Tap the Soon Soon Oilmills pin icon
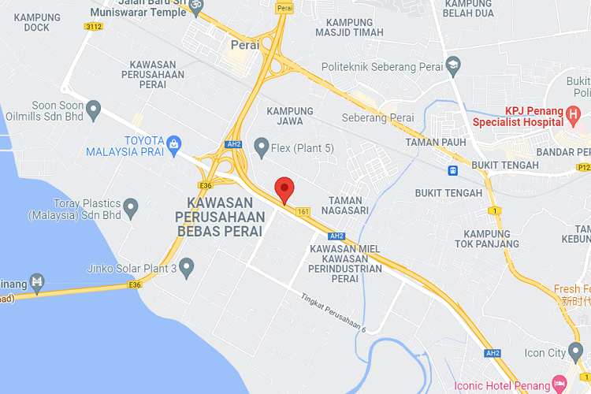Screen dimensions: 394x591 tap(94, 110)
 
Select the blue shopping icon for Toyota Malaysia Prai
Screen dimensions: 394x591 tap(173, 143)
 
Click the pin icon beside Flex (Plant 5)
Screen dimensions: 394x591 tap(262, 146)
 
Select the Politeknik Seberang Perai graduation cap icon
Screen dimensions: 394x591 tap(453, 63)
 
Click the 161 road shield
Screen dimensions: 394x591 tap(303, 211)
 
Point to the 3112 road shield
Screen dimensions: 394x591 tap(93, 26)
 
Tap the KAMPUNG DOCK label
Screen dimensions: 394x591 tap(32, 22)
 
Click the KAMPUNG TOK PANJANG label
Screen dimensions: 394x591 tap(491, 239)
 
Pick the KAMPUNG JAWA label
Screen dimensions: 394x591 tap(290, 116)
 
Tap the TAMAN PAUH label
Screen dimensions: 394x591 tap(433, 142)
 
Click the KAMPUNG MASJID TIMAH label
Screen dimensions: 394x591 tap(349, 27)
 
